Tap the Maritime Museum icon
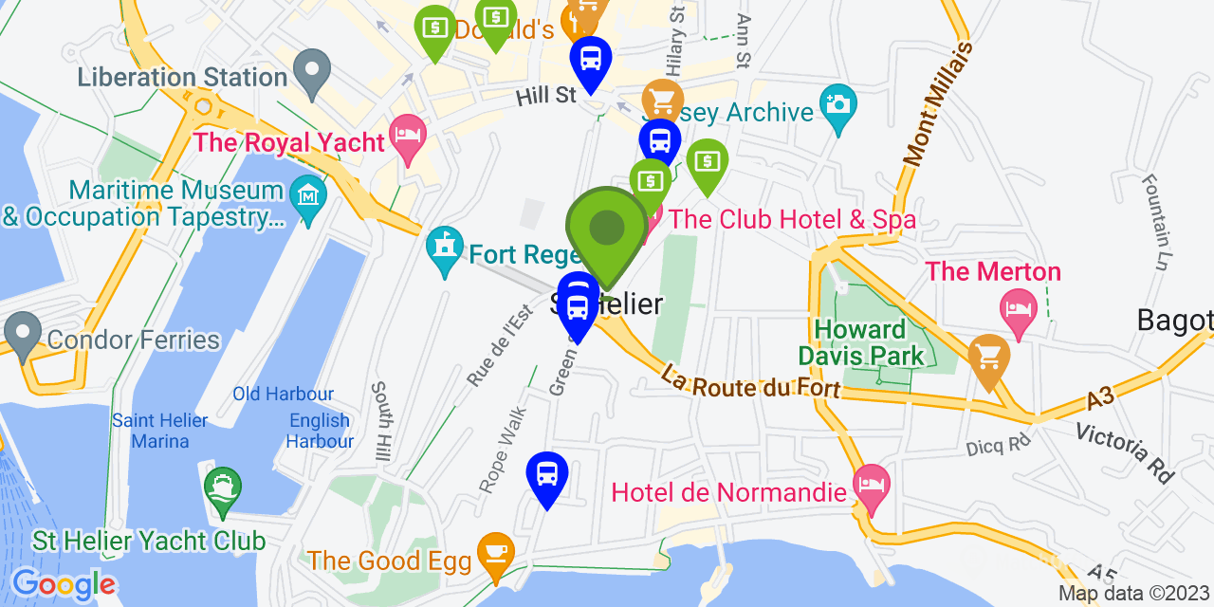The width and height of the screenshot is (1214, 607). coord(308,196)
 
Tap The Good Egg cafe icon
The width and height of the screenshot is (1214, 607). coord(495,551)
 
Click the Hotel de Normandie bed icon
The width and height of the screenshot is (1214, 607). coord(871,484)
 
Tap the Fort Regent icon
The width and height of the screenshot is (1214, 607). coord(443,248)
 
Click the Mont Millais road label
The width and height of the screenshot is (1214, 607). coord(938,105)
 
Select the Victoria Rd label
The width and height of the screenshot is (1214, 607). coord(1124,452)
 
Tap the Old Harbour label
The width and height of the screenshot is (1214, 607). coord(284,394)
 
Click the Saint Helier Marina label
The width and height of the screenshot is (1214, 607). coord(150,430)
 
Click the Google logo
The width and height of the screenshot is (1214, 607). coord(64,583)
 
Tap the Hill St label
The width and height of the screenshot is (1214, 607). coord(546,96)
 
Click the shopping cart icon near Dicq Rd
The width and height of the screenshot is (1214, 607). coord(988,359)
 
